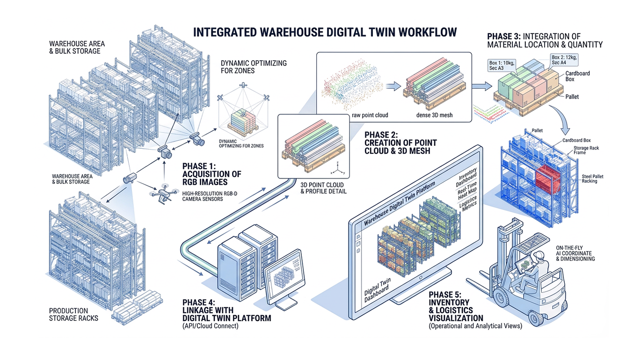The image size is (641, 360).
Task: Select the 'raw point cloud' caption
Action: tap(370, 115)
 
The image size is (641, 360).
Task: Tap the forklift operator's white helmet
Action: tap(539, 256)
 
